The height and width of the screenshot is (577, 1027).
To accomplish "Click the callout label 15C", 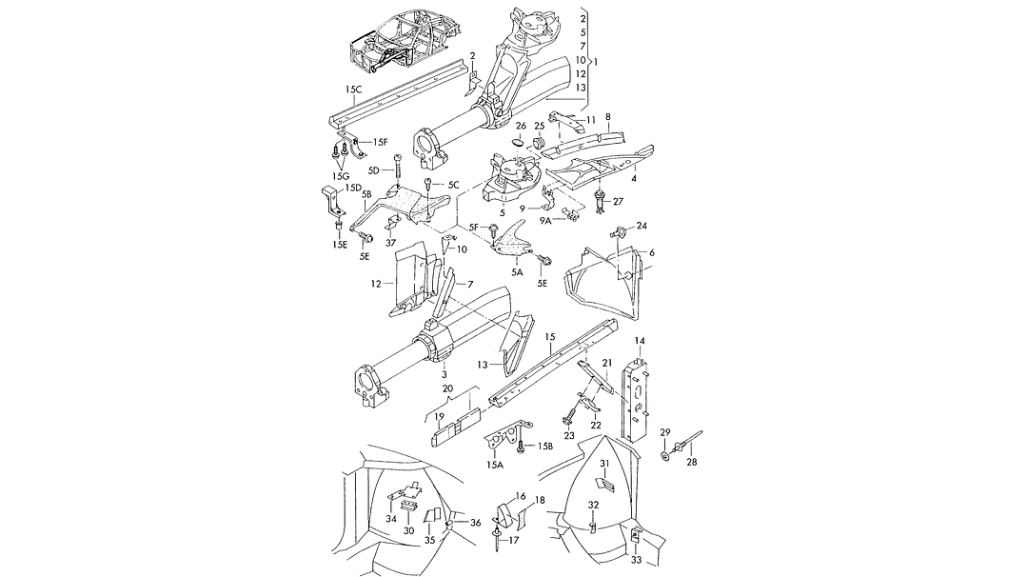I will tap(353, 90).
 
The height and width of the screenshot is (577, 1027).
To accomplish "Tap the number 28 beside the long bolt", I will tap(692, 462).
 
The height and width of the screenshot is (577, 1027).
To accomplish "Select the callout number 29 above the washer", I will tap(665, 432).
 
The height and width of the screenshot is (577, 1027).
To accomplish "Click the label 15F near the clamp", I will tap(380, 142).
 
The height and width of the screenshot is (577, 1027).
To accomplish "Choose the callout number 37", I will tap(389, 242).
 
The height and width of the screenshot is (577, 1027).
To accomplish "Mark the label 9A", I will tap(546, 221).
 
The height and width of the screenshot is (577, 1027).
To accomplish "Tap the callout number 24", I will tap(642, 226).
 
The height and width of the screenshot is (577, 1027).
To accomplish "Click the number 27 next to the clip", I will tap(617, 202).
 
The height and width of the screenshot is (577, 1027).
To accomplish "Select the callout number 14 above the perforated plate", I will tap(640, 341).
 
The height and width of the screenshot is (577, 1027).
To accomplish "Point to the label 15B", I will tap(545, 446).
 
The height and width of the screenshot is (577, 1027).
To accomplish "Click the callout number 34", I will tap(390, 518).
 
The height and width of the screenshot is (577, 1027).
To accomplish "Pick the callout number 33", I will tap(637, 560).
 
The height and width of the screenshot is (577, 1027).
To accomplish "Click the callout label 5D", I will tap(374, 170).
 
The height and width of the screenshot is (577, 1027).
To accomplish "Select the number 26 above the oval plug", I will tap(521, 126).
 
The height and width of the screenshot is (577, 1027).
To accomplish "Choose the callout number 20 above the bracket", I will tap(447, 388).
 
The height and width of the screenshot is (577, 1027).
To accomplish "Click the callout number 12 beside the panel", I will tap(375, 284).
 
